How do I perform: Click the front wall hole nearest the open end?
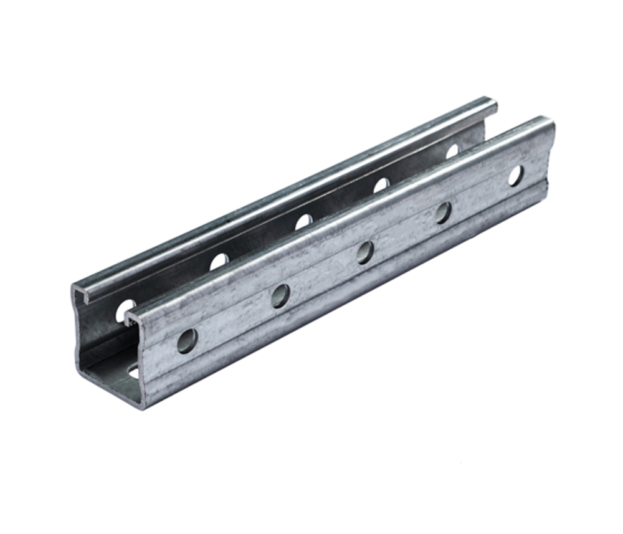tap(186, 341)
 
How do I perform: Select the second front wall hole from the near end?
tap(280, 295)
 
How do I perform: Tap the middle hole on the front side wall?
tap(365, 252)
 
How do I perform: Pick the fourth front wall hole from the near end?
tap(443, 212)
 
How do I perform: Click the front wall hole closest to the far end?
tap(515, 176)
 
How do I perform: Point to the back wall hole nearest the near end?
tap(125, 311)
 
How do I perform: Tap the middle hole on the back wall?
tap(303, 222)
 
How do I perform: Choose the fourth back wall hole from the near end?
tap(381, 185)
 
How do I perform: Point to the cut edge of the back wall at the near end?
tap(77, 330)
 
